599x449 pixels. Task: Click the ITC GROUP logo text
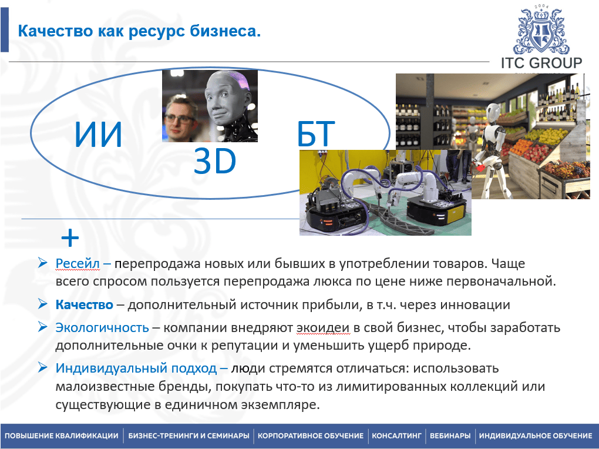point(541,63)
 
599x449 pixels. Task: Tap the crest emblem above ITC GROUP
point(541,31)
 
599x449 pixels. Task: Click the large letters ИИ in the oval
point(98,134)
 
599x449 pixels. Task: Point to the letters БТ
point(316,134)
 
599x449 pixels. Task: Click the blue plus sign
point(70,238)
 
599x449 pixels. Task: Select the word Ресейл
point(78,263)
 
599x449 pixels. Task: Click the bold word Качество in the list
point(85,305)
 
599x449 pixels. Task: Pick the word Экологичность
point(102,328)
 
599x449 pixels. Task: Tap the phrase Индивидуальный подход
point(136,368)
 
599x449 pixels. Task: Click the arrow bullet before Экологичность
point(42,327)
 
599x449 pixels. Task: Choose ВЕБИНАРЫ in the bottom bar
point(450,435)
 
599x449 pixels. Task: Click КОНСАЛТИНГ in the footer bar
point(396,435)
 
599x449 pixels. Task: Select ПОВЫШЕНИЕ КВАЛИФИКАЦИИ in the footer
point(62,435)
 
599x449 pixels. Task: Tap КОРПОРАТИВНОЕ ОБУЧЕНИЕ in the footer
point(311,435)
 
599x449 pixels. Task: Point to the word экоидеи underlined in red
point(323,328)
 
